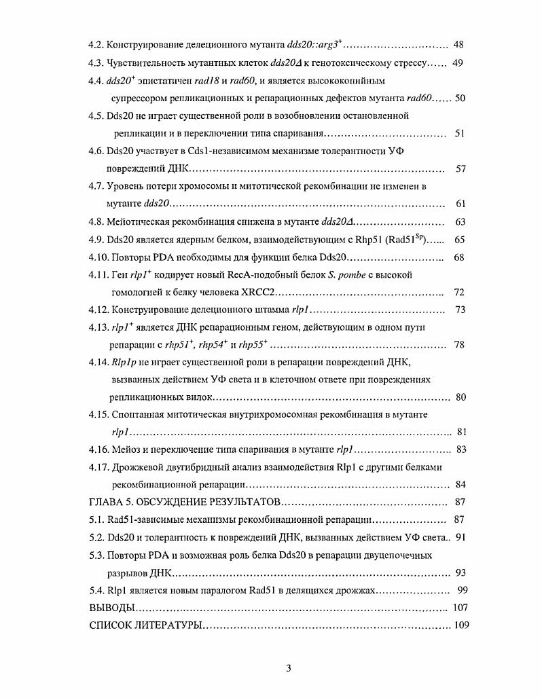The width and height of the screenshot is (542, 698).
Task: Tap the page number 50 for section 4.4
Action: tap(460, 98)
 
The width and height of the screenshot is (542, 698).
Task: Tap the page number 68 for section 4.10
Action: tap(458, 257)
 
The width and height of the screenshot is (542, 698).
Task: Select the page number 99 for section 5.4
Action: tap(463, 591)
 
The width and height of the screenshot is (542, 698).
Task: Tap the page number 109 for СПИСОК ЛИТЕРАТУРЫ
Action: tap(463, 625)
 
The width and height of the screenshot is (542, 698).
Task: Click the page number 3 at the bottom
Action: tap(288, 668)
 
